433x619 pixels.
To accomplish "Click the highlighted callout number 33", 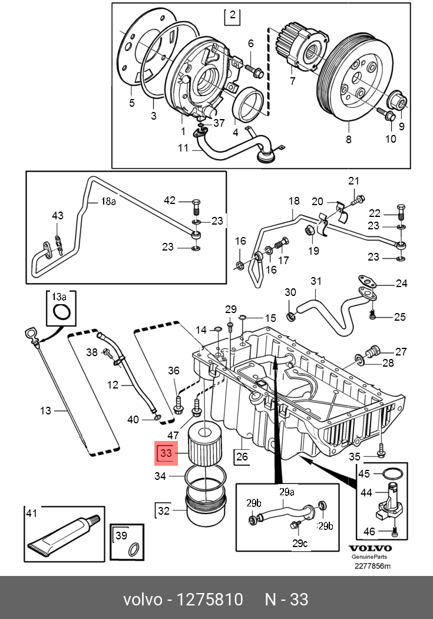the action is coord(166,453).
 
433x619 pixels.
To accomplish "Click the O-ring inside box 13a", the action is coord(61,312).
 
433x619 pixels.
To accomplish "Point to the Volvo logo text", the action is coord(370,548).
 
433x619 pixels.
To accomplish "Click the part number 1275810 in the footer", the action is coord(209,600).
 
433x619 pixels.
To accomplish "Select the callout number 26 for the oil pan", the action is coord(242,456).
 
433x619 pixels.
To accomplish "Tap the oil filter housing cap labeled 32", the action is coord(206,506).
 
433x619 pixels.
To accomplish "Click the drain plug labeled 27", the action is coord(372,351).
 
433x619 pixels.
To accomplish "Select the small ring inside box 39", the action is coord(134,548).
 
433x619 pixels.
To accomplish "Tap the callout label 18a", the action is coord(108,202).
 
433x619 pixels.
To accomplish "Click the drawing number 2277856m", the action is coord(372,566).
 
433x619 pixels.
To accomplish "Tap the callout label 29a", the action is coord(287,492).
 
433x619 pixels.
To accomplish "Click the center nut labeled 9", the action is coord(398,100).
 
